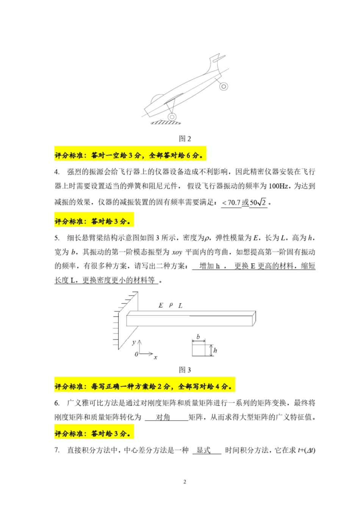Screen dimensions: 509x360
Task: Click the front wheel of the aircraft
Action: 172,117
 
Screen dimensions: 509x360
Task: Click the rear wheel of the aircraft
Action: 224,86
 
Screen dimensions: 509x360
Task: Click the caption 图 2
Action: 185,139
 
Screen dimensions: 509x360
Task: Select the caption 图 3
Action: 185,370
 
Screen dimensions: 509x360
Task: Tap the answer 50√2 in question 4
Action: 258,203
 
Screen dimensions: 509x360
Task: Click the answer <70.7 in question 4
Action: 231,203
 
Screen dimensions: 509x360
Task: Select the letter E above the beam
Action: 161,305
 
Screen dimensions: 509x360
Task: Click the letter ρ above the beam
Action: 171,304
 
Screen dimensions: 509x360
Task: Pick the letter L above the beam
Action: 180,306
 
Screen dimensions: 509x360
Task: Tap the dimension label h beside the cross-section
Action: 215,350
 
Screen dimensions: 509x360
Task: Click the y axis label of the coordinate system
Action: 134,342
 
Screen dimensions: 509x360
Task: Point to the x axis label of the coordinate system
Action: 155,357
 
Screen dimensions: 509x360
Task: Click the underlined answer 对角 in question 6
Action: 163,417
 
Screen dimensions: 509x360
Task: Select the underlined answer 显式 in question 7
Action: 203,450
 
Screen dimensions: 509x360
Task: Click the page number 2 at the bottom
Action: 185,482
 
